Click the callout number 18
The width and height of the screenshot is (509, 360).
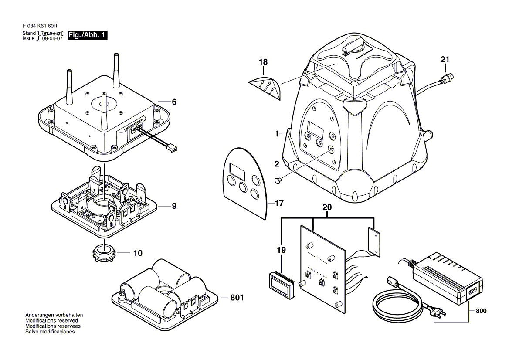(x=263, y=62)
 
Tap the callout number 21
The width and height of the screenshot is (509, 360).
(x=445, y=60)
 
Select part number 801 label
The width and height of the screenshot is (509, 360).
(x=237, y=298)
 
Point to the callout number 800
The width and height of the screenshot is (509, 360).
(x=481, y=311)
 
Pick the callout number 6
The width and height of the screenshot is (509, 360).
(x=174, y=102)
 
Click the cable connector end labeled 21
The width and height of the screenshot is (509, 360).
(x=448, y=80)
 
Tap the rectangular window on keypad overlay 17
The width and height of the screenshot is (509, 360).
(x=238, y=168)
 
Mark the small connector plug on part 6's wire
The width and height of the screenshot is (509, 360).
(x=173, y=149)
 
